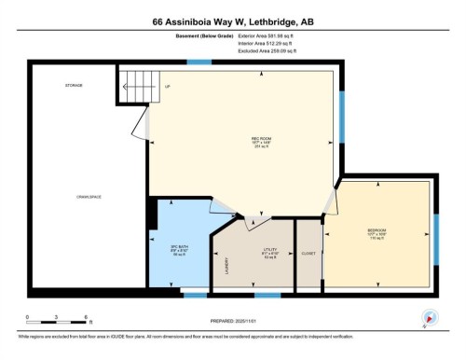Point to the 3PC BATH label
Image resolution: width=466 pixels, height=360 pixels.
pyautogui.click(x=179, y=248)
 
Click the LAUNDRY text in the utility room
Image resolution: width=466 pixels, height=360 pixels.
pyautogui.click(x=226, y=267)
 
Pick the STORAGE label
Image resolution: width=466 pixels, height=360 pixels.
pyautogui.click(x=74, y=85)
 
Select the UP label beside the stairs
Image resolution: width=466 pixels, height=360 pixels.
pyautogui.click(x=168, y=87)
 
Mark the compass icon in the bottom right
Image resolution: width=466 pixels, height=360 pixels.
pyautogui.click(x=431, y=317)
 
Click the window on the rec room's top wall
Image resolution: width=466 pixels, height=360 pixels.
pyautogui.click(x=199, y=62)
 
